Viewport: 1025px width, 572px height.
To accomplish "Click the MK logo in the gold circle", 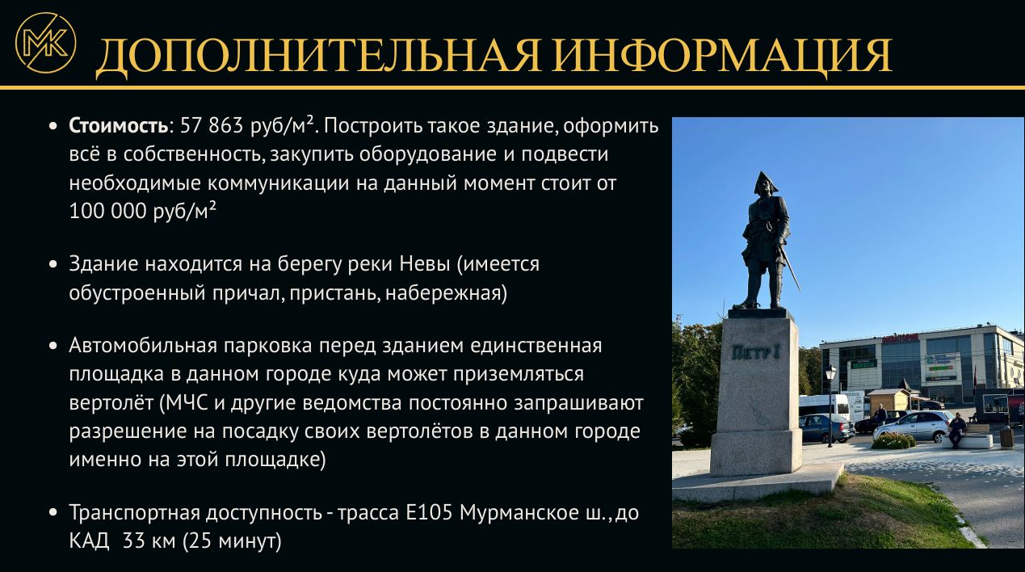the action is pos(45,43).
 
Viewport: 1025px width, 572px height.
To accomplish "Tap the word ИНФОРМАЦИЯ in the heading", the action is pos(722,56).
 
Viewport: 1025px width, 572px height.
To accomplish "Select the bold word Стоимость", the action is pos(119,126).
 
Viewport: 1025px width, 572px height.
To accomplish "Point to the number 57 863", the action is pos(212,126).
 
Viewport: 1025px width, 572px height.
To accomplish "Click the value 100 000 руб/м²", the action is pos(142,211).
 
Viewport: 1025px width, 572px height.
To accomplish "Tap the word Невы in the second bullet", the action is pos(425,264).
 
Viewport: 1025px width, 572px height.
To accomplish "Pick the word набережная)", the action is pos(446,293).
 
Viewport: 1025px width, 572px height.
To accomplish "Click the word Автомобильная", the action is pos(143,346).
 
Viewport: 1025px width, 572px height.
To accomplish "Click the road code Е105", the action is pos(429,513).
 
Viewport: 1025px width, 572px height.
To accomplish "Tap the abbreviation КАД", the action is pos(89,541).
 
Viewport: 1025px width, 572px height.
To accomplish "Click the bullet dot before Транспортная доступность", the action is pos(53,513).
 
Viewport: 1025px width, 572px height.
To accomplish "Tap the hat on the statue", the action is pos(766,182).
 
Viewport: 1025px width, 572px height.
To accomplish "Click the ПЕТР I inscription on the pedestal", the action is pos(756,352).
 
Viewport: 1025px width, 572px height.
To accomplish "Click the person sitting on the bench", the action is pos(956,430).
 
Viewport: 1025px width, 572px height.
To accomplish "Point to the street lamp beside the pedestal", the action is pos(830,405).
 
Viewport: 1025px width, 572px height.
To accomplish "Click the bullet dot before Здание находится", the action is pos(53,264).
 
